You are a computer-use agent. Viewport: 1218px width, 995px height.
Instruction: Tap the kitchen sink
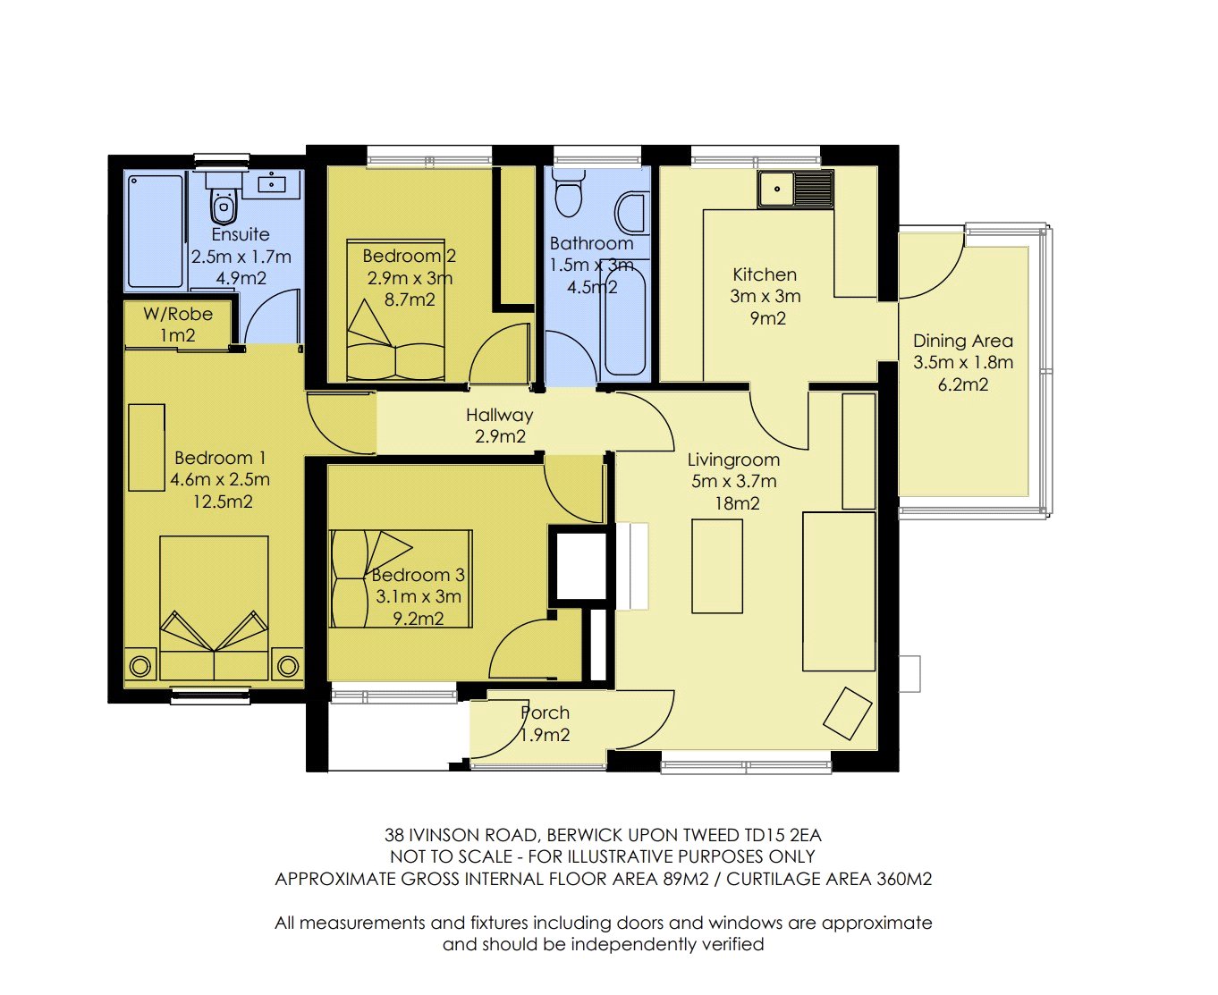coord(795,189)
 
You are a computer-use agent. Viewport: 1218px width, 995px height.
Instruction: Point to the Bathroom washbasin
coord(632,214)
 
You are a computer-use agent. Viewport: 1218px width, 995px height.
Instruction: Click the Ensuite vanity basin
coord(272,183)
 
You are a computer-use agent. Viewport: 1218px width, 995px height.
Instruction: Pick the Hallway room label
coord(499,415)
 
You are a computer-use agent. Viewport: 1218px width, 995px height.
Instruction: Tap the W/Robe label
coord(178,314)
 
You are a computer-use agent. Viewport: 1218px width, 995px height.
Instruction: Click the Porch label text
coord(545,713)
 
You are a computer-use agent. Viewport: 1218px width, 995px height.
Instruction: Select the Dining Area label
coord(963,341)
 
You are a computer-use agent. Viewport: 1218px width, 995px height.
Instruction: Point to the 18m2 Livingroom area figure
coord(737,503)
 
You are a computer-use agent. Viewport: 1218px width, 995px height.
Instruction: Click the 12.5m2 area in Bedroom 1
coord(223,502)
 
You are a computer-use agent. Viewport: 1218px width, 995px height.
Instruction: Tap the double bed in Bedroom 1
coord(214,608)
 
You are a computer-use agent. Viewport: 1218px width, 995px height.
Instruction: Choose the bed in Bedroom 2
coord(395,310)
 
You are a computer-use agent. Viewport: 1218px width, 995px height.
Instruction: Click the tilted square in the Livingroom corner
coord(847,713)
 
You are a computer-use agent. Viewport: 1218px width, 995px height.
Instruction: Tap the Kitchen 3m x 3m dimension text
coord(765,296)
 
